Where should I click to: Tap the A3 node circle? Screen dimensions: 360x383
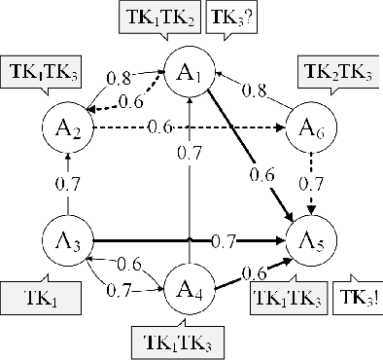[x=67, y=238]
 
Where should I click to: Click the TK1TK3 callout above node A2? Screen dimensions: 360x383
[x=43, y=71]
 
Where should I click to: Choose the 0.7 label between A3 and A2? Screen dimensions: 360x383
[x=67, y=181]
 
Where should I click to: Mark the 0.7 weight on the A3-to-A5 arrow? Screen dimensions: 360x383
[x=224, y=239]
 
